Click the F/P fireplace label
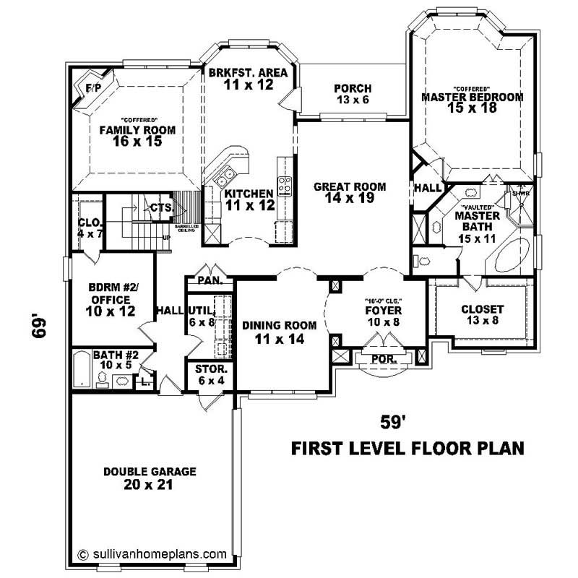93,87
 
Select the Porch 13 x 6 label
352,100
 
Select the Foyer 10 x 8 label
382,316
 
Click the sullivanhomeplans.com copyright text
152,554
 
